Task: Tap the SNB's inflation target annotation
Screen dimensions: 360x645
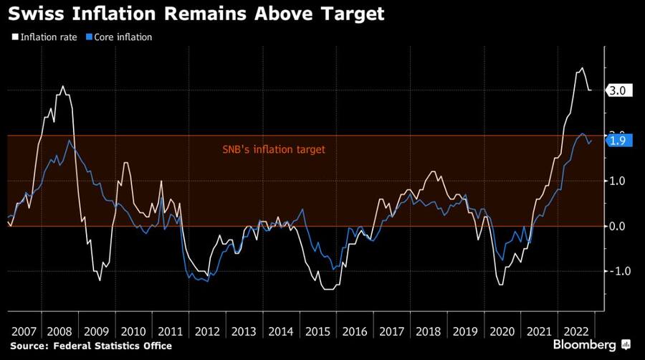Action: coord(272,150)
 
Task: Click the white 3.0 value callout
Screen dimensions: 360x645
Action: coord(618,90)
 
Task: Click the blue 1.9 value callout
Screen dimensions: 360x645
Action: coord(618,141)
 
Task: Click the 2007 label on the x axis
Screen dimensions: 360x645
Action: coord(24,331)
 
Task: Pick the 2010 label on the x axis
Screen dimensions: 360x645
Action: coord(134,331)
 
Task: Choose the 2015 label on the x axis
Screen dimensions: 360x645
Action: coord(318,331)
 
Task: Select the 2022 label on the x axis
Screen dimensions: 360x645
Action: coord(575,331)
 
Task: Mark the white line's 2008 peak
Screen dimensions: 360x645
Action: coord(62,87)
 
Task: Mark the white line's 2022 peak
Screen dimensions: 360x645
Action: coord(582,68)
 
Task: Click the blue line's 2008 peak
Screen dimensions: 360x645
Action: coord(69,141)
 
